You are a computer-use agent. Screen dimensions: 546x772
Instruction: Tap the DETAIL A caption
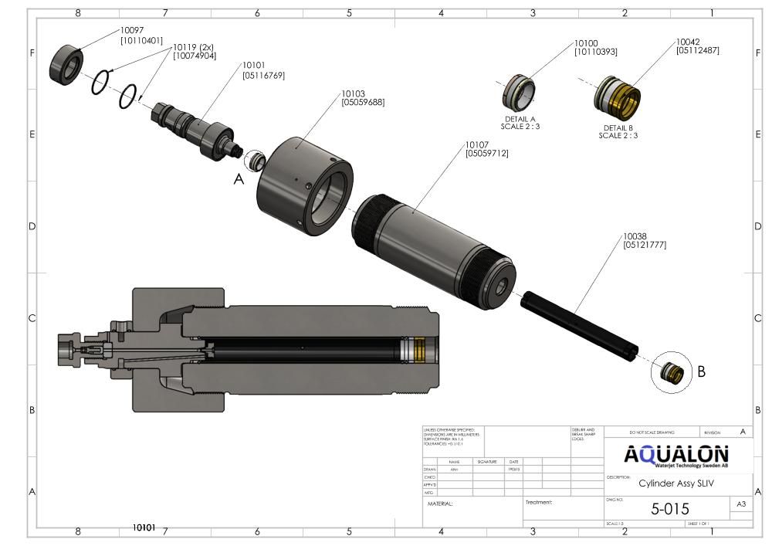(x=520, y=119)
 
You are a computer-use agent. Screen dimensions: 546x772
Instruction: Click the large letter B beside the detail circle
(x=701, y=371)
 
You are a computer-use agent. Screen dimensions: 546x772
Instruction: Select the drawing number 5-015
(x=670, y=508)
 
